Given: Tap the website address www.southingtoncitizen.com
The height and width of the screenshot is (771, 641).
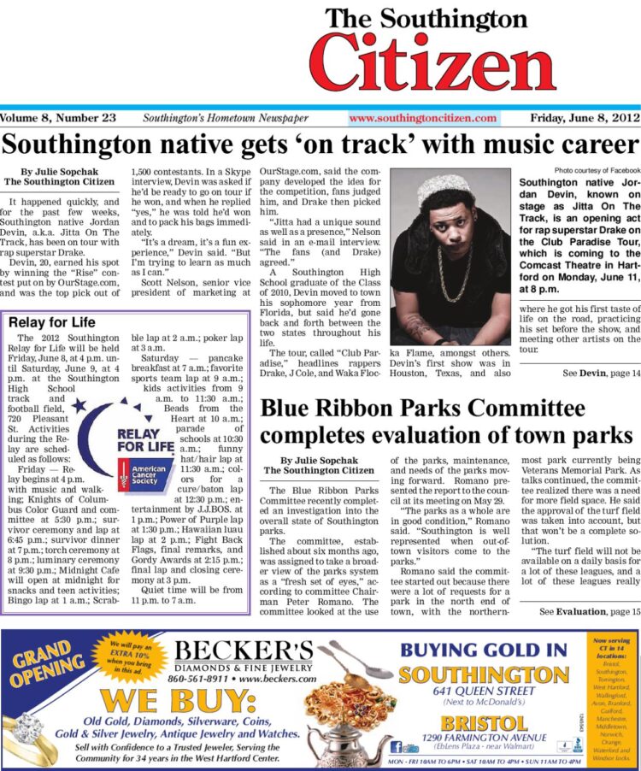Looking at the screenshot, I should tap(422, 119).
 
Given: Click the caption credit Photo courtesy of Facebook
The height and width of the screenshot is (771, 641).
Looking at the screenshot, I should tap(595, 171).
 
